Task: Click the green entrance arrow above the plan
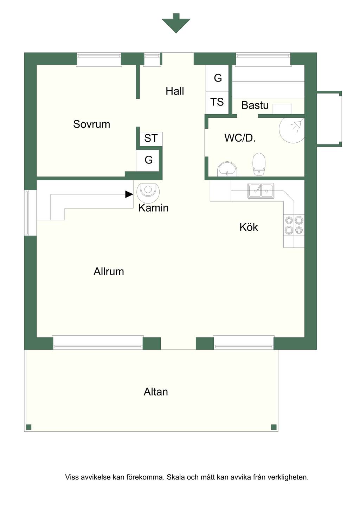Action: coord(176,23)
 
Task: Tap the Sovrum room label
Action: coord(92,124)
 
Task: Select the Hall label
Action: coord(175,91)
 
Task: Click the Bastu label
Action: coord(255,105)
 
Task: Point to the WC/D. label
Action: coord(240,138)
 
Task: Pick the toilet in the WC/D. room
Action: coord(259,164)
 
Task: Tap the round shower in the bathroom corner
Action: coord(292,130)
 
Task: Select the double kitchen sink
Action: coord(261,191)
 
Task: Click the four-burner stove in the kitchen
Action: coord(294,225)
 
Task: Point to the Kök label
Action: coord(249,227)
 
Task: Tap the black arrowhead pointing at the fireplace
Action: coord(129,194)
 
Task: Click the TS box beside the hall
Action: coord(217,103)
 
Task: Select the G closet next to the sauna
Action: coord(217,78)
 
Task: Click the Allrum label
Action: coord(109,271)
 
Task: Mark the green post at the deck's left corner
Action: coord(28,427)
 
